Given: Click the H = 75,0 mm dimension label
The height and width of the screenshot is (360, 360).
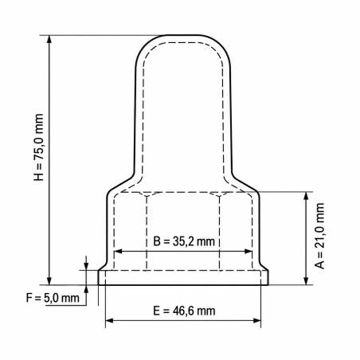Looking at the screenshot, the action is click(x=38, y=147).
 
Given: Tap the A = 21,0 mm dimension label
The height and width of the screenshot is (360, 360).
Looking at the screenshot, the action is click(x=319, y=236).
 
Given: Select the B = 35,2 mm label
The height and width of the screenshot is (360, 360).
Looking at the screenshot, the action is click(x=184, y=241).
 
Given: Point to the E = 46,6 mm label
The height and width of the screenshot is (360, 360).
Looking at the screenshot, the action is click(x=184, y=311).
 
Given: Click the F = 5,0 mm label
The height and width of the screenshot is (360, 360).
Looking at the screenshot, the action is click(x=53, y=298).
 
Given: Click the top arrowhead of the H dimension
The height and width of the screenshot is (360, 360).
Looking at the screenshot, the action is click(x=49, y=39).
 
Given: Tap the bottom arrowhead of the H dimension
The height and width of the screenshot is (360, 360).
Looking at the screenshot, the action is click(x=49, y=280).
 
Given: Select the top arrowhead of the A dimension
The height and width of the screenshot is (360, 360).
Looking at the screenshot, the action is click(x=306, y=196).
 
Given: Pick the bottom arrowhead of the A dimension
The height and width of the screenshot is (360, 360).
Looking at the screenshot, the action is click(x=306, y=280).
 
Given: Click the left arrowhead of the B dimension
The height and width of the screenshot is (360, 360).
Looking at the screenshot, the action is click(x=118, y=251).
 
